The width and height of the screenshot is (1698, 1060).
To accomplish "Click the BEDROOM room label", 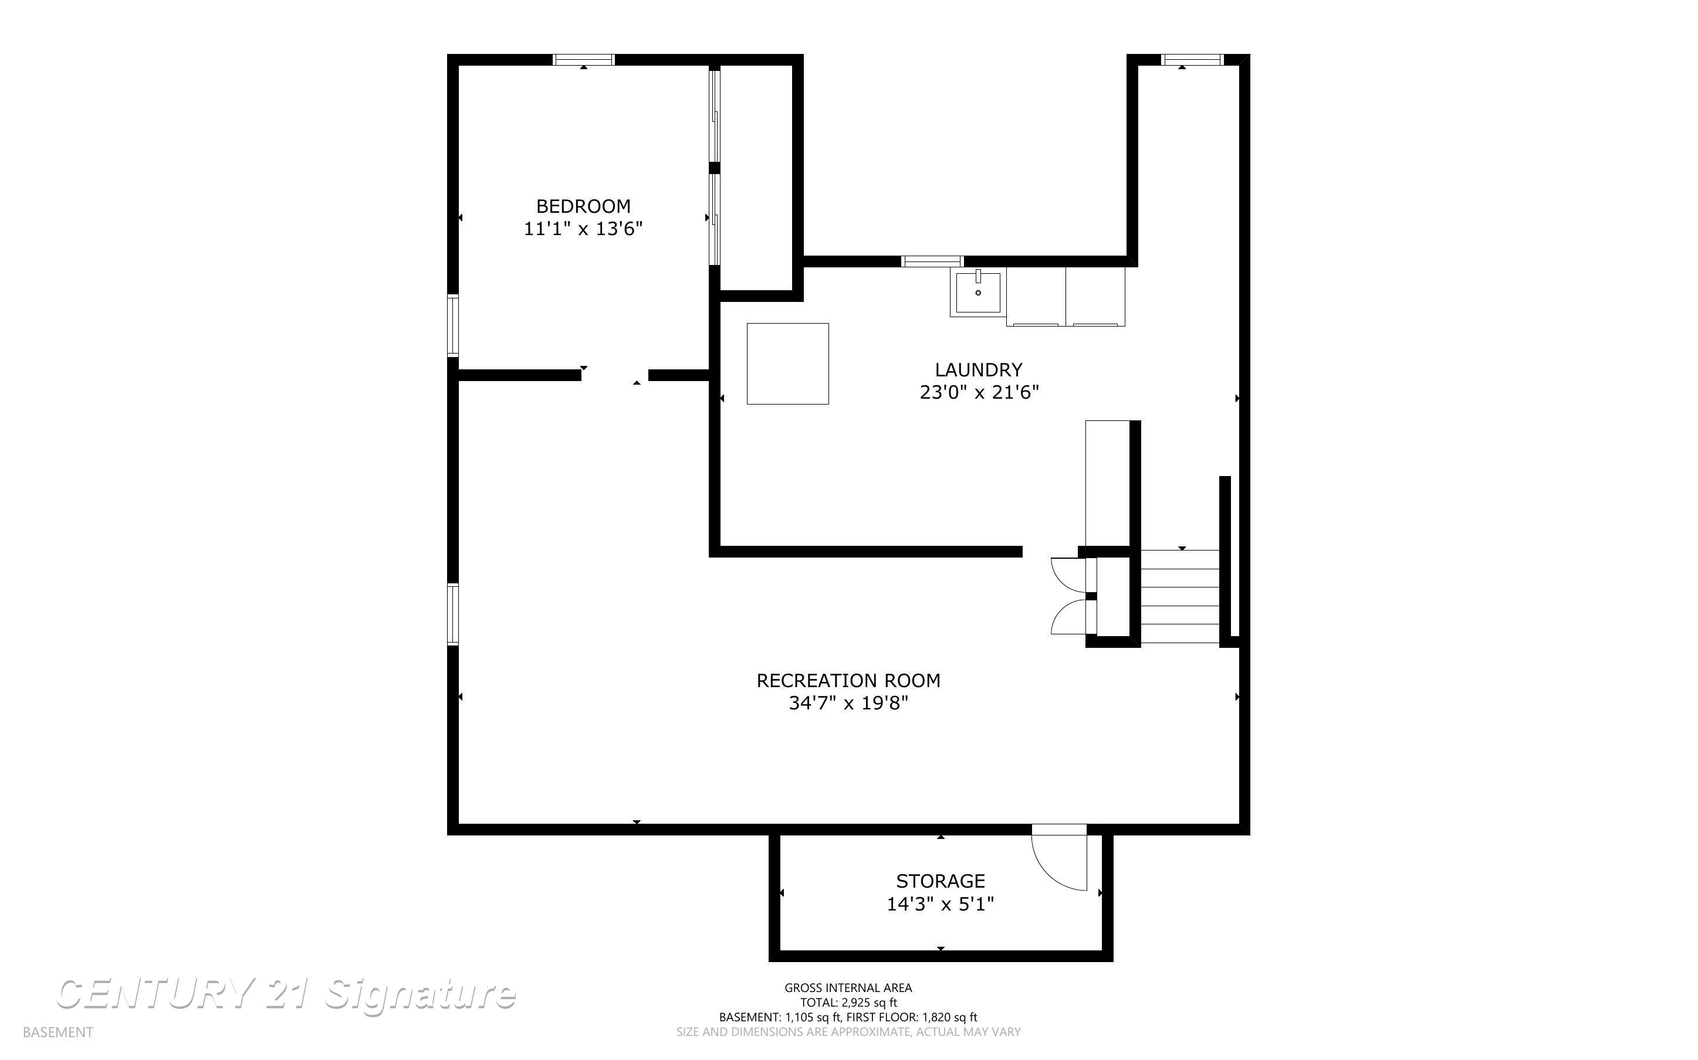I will point(583,206).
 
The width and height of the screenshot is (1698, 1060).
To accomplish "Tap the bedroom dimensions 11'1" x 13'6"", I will point(583,229).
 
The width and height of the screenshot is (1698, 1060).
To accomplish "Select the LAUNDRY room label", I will point(979,369).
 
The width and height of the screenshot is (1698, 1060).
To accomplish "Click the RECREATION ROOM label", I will point(848,681).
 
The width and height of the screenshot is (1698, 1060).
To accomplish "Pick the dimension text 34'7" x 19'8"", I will point(848,703).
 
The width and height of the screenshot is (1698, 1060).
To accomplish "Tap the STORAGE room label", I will point(940,881).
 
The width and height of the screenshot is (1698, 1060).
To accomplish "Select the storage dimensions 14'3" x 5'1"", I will point(940,905).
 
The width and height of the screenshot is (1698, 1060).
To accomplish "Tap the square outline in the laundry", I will point(787,364).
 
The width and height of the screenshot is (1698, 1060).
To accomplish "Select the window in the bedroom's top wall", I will point(584,60).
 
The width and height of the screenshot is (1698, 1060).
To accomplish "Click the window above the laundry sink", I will point(932,261).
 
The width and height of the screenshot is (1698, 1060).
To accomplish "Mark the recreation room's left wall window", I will point(453,614).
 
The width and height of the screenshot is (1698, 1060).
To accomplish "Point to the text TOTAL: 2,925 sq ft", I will point(848,1003).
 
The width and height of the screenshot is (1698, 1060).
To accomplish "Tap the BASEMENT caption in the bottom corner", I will point(57,1032).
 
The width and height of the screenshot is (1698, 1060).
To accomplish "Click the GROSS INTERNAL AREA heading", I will point(848,988).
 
